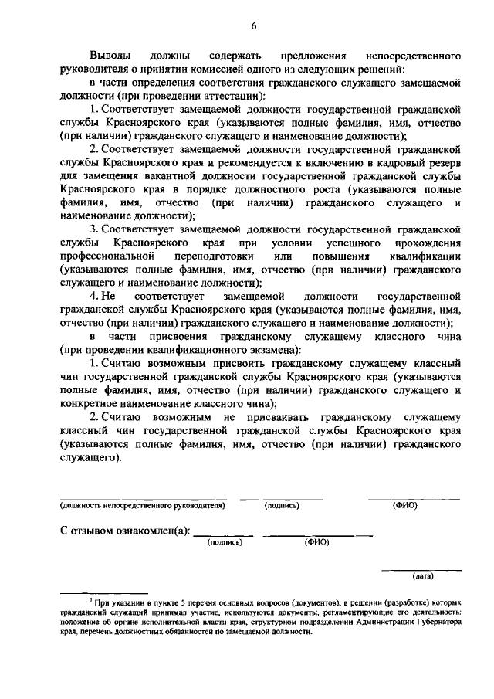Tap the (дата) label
pyautogui.click(x=423, y=575)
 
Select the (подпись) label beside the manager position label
pyautogui.click(x=281, y=506)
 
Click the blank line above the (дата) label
pyautogui.click(x=423, y=569)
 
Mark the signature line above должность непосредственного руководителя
pyautogui.click(x=144, y=498)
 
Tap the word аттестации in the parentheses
pyautogui.click(x=236, y=96)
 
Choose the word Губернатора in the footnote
pyautogui.click(x=435, y=620)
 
